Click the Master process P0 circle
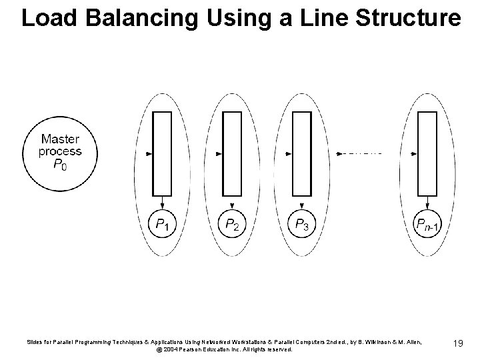[60, 153]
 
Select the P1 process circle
[163, 225]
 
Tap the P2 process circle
[232, 225]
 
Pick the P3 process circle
[302, 225]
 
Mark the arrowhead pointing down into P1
[162, 203]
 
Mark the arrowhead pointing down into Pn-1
[427, 203]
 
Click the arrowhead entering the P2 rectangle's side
[220, 153]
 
